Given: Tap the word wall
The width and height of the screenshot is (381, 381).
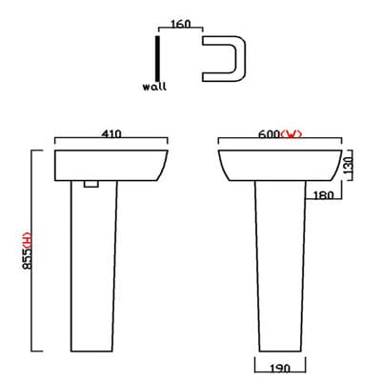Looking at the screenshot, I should (x=153, y=86).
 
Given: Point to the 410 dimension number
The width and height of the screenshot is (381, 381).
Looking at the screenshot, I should (x=111, y=136).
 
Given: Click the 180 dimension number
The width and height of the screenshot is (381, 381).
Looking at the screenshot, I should (x=322, y=196).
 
